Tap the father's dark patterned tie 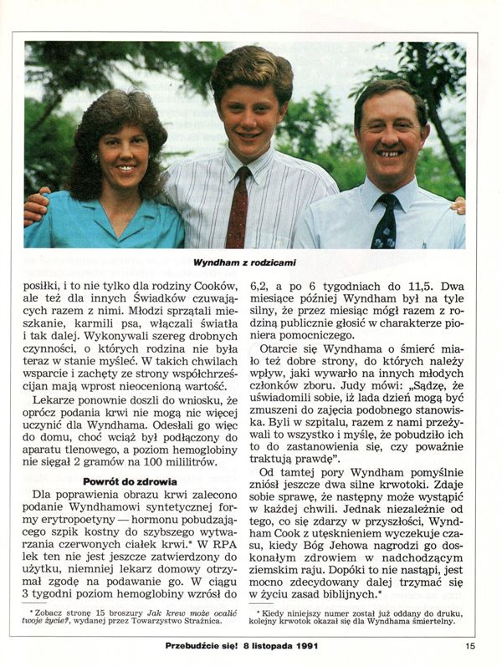(385, 221)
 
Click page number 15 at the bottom (471, 645)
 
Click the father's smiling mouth (387, 153)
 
